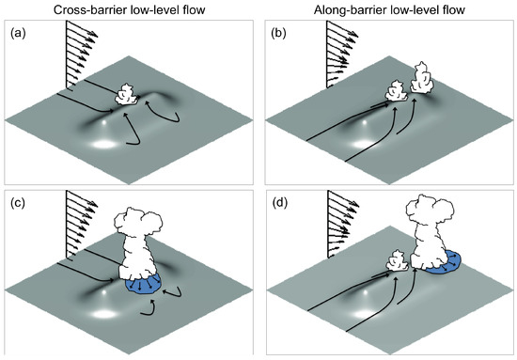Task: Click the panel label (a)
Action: click(x=18, y=33)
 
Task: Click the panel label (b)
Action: click(x=278, y=33)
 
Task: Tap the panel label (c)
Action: click(x=18, y=203)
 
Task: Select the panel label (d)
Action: click(x=278, y=203)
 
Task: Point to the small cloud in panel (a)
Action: click(x=127, y=95)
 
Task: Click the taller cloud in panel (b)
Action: click(x=421, y=78)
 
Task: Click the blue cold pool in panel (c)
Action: click(x=143, y=284)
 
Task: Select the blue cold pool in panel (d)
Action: click(x=444, y=262)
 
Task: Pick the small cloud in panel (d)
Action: click(x=397, y=261)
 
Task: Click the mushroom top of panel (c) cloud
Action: click(x=138, y=223)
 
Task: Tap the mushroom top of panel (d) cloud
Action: click(x=431, y=210)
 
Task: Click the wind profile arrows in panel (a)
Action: click(x=82, y=55)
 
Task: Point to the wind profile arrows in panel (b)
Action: click(x=342, y=55)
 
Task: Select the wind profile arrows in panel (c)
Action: click(x=82, y=224)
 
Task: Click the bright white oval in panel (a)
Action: click(x=105, y=144)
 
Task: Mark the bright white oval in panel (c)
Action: click(x=105, y=314)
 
